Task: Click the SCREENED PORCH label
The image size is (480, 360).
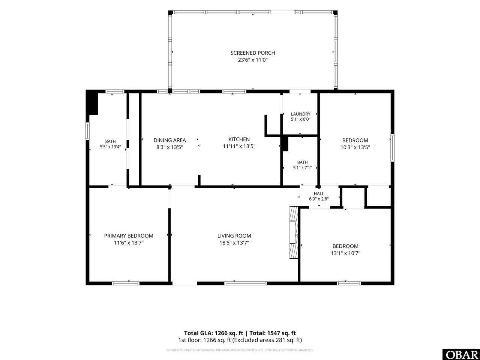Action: click(x=253, y=53)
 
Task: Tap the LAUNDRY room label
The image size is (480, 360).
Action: click(x=300, y=114)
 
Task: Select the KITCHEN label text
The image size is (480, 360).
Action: click(x=239, y=139)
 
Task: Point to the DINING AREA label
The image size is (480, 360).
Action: click(x=170, y=140)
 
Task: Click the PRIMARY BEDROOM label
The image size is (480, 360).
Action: click(x=129, y=235)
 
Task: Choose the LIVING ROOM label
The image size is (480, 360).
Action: click(x=234, y=235)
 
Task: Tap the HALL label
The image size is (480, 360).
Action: click(x=319, y=193)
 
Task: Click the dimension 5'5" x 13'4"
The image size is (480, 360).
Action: click(x=110, y=147)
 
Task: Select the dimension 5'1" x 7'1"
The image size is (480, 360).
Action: click(x=302, y=168)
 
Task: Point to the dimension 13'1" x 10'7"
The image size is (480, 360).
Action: click(x=345, y=253)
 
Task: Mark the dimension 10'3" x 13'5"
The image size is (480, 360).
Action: click(x=355, y=147)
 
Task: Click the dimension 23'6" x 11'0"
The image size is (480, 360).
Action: click(x=253, y=60)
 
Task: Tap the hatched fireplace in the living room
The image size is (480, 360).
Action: click(x=294, y=232)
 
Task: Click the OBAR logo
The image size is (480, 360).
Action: click(x=461, y=354)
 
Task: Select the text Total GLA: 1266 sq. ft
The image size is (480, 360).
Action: click(x=213, y=333)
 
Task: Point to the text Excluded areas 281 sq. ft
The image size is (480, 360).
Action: click(x=268, y=340)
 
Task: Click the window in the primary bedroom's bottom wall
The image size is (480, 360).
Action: click(x=126, y=283)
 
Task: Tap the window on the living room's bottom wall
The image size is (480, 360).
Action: click(x=246, y=283)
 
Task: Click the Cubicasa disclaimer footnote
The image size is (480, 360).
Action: click(x=240, y=350)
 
